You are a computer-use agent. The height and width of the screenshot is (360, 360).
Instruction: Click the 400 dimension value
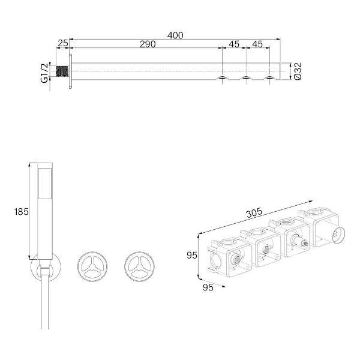pos(175,35)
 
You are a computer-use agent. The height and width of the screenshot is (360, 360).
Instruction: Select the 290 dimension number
pos(148,44)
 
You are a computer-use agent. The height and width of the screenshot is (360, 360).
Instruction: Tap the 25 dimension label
pos(62,43)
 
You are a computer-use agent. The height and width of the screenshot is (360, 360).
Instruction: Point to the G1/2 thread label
pos(44,73)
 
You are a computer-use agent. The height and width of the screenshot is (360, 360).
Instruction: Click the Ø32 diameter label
pos(298,71)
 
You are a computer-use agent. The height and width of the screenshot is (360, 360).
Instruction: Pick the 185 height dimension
pos(22,211)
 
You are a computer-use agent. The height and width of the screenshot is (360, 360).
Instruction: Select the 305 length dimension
pos(254,213)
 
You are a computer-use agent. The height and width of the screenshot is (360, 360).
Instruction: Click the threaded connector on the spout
pos(62,71)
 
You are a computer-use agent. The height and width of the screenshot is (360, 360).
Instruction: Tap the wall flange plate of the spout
pos(70,71)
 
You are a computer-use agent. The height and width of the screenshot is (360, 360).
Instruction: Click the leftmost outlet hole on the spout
pos(222,78)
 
